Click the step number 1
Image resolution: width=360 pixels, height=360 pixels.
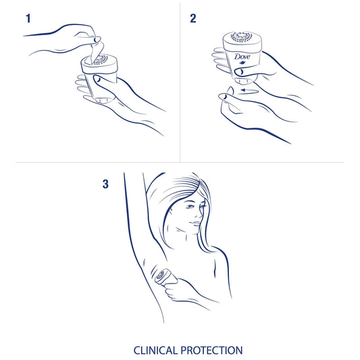coord(28,18)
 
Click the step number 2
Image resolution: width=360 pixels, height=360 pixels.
coord(193,18)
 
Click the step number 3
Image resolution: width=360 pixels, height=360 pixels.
coord(105,184)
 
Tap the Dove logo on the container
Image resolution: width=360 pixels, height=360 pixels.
coord(242,57)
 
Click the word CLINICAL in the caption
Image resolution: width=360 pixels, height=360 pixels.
coord(155,351)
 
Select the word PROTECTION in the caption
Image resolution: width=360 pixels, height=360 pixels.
coord(211,351)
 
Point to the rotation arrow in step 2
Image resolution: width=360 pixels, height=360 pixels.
coord(249,91)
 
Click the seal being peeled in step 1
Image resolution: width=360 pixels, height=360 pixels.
coord(97,53)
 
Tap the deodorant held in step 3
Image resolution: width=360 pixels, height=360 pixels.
coord(164,277)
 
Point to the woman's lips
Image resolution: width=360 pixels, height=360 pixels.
coord(196,224)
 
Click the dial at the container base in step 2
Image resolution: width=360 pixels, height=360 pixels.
coord(244,81)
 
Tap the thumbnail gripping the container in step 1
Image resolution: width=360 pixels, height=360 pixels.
coord(97,80)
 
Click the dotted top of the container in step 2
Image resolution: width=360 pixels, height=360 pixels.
coord(241,36)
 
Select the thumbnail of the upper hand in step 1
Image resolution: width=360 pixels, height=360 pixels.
coord(97,39)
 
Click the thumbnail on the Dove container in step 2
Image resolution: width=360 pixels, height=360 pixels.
coord(240,72)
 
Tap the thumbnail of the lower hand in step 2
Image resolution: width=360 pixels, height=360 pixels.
coord(224,97)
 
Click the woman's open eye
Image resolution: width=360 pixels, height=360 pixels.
coord(189,207)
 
